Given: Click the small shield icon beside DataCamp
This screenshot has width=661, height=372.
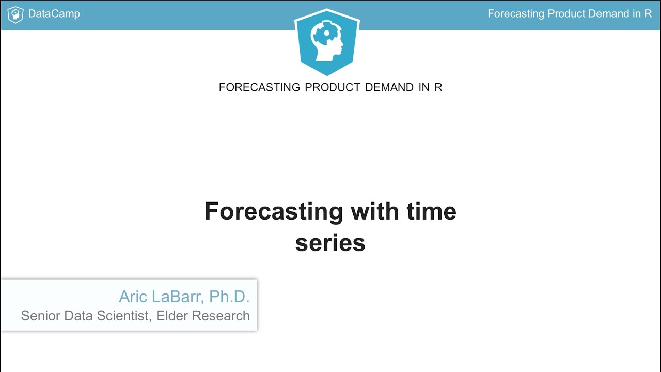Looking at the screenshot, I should [x=15, y=14].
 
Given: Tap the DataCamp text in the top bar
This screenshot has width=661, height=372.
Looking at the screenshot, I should [x=54, y=14].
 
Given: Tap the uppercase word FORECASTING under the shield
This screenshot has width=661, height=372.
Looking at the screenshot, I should [x=259, y=87].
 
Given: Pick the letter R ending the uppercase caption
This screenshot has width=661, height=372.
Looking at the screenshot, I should [x=438, y=87].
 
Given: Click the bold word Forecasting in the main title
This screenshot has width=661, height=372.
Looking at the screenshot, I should [x=274, y=212].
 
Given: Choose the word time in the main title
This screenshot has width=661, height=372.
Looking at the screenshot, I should [x=431, y=212].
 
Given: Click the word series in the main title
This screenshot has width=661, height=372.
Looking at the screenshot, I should [x=330, y=243].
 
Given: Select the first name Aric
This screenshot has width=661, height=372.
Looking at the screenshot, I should [x=133, y=297].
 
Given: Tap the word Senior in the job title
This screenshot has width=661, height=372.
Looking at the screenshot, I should [x=41, y=316].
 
